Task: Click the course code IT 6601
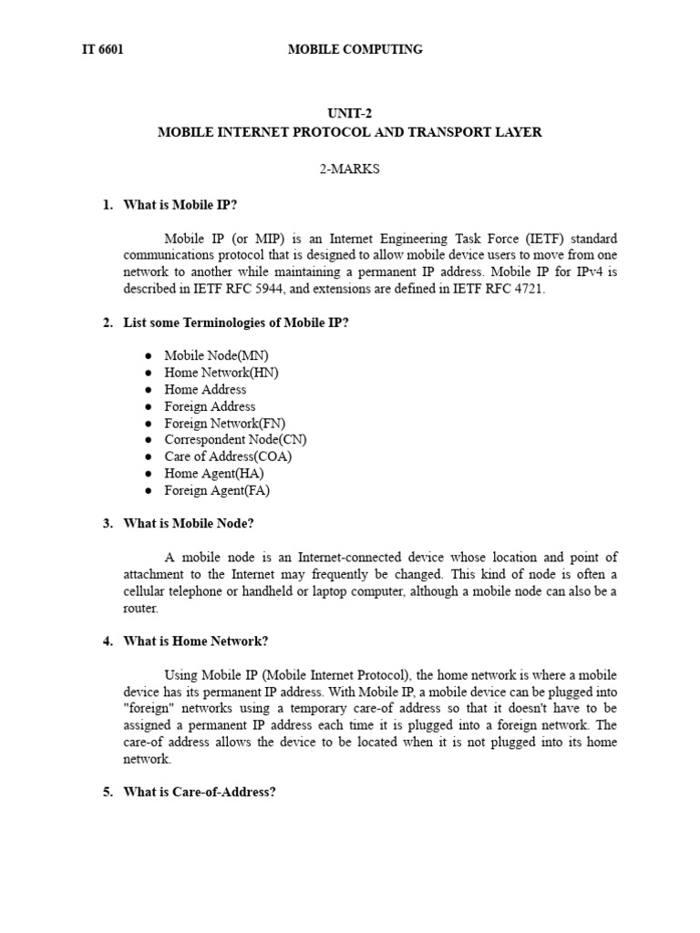102,50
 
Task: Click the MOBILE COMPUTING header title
355,50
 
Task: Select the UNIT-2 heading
350,115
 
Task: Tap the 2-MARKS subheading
350,169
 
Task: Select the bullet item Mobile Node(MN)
216,355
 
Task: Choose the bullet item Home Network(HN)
221,373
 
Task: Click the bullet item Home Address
205,389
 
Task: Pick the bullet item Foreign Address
210,406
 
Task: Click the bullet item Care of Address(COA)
228,456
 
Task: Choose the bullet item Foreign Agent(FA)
217,490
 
